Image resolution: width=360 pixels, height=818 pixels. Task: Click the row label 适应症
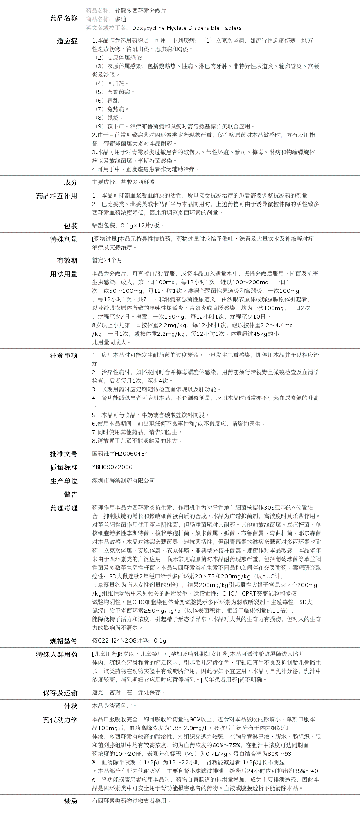click(67, 41)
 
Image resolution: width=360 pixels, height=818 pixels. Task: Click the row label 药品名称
click(63, 18)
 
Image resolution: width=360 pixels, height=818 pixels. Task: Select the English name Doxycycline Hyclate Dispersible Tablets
click(187, 28)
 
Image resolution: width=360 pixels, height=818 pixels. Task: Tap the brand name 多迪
click(121, 19)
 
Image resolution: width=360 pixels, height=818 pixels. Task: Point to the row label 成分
click(70, 182)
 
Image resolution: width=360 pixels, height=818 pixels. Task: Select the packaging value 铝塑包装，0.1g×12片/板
click(128, 225)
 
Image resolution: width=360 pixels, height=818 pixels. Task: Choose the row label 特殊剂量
click(63, 239)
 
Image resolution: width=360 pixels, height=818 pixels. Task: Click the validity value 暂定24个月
click(107, 260)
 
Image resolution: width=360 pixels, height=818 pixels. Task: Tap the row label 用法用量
click(63, 274)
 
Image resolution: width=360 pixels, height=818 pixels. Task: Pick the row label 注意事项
click(63, 355)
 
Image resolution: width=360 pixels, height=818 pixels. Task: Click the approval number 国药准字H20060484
click(120, 454)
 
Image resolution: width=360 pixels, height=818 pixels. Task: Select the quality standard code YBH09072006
click(112, 467)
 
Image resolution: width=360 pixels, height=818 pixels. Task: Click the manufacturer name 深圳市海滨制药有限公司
click(124, 481)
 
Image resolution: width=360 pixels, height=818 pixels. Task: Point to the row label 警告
click(70, 494)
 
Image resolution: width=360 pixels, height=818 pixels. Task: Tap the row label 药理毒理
click(63, 508)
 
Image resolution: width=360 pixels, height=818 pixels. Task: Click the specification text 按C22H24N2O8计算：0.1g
click(129, 641)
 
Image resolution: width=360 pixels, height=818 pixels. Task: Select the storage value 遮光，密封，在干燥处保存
click(129, 692)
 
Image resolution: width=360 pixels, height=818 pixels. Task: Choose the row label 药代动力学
click(60, 720)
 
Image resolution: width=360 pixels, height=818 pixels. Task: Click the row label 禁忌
click(70, 801)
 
